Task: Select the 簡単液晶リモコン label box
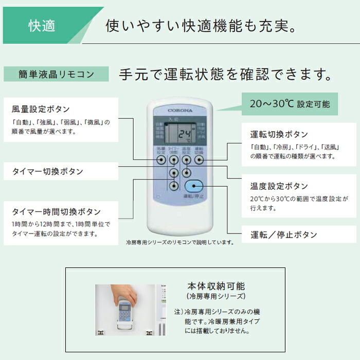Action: coord(56,74)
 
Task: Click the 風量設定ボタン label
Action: coord(41,110)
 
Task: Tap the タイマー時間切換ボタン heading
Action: coord(56,212)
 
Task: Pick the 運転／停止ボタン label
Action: coord(283,235)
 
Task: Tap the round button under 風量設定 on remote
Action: coord(162,160)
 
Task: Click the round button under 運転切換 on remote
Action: coord(199,160)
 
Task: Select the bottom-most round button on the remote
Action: coord(175,186)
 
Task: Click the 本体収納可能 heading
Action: coord(216,286)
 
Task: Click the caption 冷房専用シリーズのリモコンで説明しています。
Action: coord(180,242)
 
